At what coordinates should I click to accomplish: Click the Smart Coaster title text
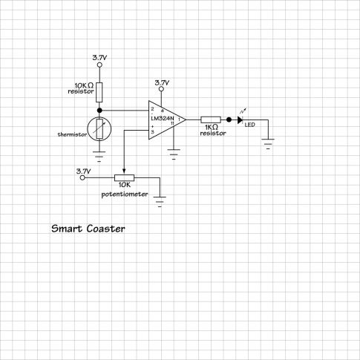pyautogui.click(x=88, y=229)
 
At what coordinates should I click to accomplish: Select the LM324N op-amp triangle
pyautogui.click(x=167, y=120)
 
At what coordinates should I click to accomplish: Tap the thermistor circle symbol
pyautogui.click(x=99, y=128)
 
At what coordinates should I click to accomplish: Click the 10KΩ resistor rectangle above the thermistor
pyautogui.click(x=99, y=92)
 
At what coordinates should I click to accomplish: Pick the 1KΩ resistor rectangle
pyautogui.click(x=211, y=120)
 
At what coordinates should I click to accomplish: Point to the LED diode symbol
pyautogui.click(x=240, y=120)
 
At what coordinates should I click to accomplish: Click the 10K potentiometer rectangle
pyautogui.click(x=124, y=177)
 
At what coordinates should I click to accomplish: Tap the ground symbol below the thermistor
pyautogui.click(x=99, y=157)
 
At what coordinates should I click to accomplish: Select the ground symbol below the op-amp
pyautogui.click(x=174, y=154)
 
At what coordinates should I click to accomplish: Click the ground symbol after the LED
pyautogui.click(x=268, y=144)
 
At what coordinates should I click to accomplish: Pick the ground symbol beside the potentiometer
pyautogui.click(x=160, y=201)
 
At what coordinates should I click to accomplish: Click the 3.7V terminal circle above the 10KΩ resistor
pyautogui.click(x=99, y=65)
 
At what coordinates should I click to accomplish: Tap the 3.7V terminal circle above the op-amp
pyautogui.click(x=161, y=89)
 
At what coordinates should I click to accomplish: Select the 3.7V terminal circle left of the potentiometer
pyautogui.click(x=83, y=177)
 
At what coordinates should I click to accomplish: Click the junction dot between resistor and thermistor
pyautogui.click(x=99, y=110)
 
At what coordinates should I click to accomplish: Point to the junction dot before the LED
pyautogui.click(x=229, y=120)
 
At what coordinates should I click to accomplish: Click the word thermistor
pyautogui.click(x=72, y=134)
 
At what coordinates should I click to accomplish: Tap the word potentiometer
pyautogui.click(x=125, y=194)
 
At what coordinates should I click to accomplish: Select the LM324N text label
pyautogui.click(x=163, y=118)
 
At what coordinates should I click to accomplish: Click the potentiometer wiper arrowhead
pyautogui.click(x=124, y=171)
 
